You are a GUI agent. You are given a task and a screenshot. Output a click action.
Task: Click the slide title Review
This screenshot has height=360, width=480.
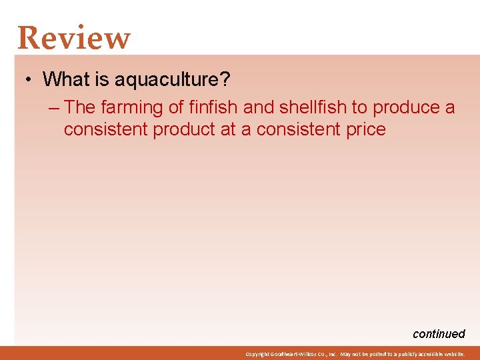(x=74, y=38)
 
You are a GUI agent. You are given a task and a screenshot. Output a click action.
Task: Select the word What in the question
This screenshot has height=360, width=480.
(x=65, y=79)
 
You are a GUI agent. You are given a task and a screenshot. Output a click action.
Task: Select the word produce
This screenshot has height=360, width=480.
(x=407, y=107)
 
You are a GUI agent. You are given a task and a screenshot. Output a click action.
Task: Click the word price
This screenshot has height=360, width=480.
(x=364, y=129)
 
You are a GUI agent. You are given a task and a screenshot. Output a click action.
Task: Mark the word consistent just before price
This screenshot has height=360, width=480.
(x=295, y=129)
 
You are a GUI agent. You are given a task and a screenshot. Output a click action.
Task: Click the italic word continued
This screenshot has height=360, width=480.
(x=439, y=334)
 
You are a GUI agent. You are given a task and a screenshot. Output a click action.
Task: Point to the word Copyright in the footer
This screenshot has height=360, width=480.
(x=257, y=354)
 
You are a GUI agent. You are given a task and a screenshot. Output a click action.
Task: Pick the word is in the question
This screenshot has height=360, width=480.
(x=102, y=79)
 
